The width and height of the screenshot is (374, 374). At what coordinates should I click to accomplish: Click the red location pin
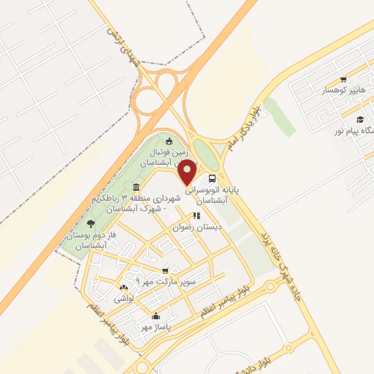188,172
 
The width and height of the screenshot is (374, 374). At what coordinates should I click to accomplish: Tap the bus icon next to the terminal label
212,178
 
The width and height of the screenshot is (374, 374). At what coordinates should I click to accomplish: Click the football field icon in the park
169,141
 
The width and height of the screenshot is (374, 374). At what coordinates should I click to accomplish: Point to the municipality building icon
137,188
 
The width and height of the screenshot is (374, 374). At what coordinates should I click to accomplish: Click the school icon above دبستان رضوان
196,215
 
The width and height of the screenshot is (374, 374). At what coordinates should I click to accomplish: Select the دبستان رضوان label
197,227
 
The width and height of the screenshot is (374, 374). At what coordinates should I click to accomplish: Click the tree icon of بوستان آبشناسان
91,224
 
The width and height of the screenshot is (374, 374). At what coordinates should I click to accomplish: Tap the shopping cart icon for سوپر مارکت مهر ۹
166,270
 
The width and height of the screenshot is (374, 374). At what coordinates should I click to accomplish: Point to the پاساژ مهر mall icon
155,316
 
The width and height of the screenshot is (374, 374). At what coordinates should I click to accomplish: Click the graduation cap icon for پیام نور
359,119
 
